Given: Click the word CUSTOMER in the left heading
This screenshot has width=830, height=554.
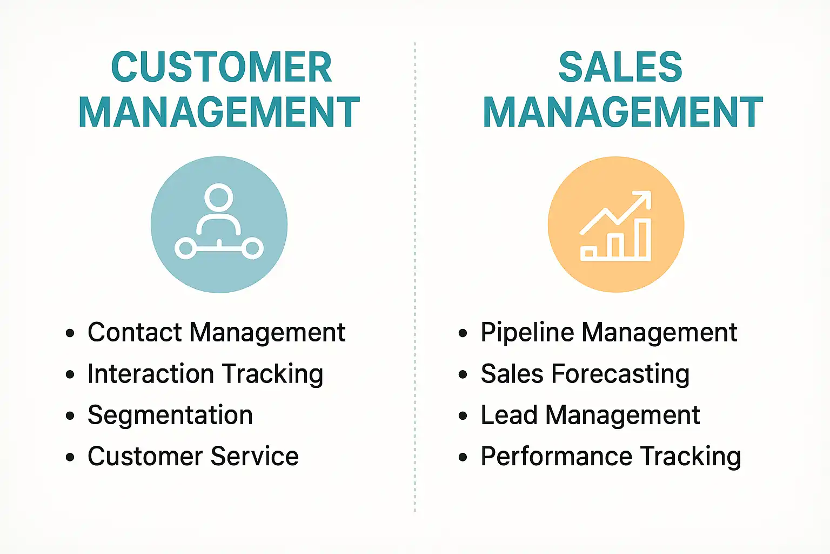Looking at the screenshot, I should (221, 68).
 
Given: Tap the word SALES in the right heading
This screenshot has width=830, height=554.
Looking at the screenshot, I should (620, 68).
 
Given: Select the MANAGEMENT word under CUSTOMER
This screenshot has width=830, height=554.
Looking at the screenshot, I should (219, 112).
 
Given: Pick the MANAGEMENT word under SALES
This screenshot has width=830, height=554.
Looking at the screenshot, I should (622, 112).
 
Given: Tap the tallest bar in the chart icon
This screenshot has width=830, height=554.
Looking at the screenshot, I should (642, 239).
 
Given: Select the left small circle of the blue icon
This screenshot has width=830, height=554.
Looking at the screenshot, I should (185, 249).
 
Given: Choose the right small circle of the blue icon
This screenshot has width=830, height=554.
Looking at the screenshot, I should (252, 249).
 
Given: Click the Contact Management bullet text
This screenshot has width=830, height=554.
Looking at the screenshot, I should (216, 332).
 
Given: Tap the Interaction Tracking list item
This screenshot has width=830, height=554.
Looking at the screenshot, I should (205, 374).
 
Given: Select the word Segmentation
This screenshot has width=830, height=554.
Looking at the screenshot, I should (170, 415).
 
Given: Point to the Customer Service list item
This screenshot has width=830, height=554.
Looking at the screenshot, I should (193, 456).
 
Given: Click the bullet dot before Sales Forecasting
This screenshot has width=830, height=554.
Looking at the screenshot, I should (463, 374).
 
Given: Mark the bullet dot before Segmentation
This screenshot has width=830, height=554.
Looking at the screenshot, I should (70, 415).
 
